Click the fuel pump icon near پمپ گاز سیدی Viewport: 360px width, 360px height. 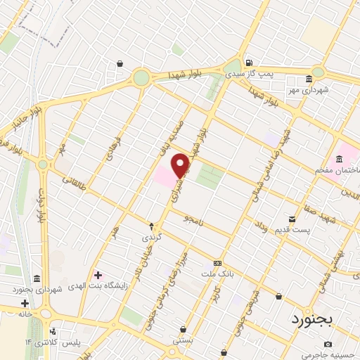coord(247,61)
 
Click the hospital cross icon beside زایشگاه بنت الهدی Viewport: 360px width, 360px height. coord(98,274)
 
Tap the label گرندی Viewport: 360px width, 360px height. coord(152,237)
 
